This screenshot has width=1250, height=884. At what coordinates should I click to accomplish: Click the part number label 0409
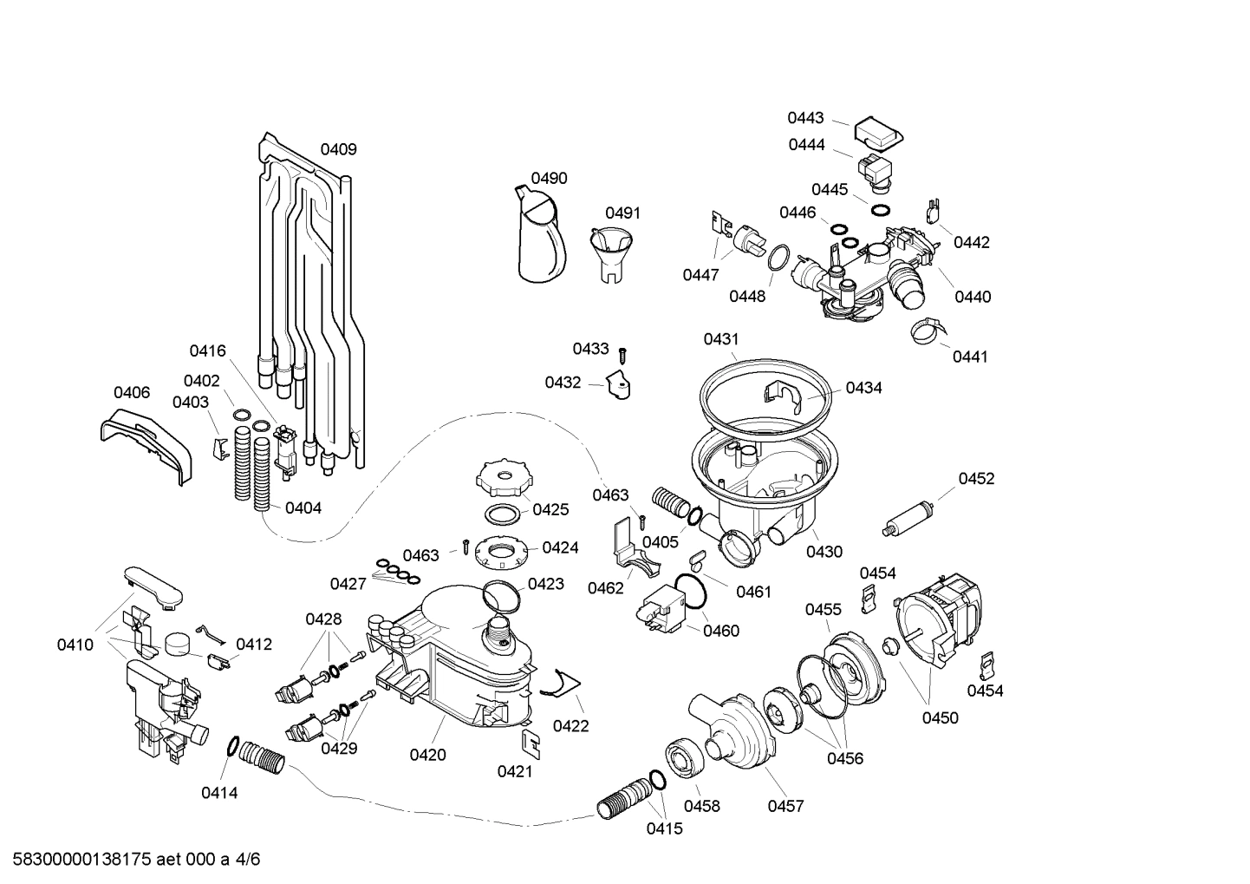coord(338,149)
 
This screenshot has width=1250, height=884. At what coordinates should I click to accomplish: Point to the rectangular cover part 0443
coord(879,132)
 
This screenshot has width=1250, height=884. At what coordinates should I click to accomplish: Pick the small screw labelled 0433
coord(622,353)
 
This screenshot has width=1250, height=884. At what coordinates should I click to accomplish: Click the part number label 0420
coord(427,755)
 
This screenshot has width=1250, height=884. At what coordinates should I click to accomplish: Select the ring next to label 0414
coord(233,746)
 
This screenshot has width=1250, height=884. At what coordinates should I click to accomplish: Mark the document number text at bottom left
coord(130,860)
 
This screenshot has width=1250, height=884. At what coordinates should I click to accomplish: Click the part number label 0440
coord(973,297)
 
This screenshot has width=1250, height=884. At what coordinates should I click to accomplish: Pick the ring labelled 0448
coord(779,258)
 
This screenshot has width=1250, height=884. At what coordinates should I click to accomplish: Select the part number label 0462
coord(605,588)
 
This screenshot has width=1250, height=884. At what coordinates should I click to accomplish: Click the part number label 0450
coord(940,717)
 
